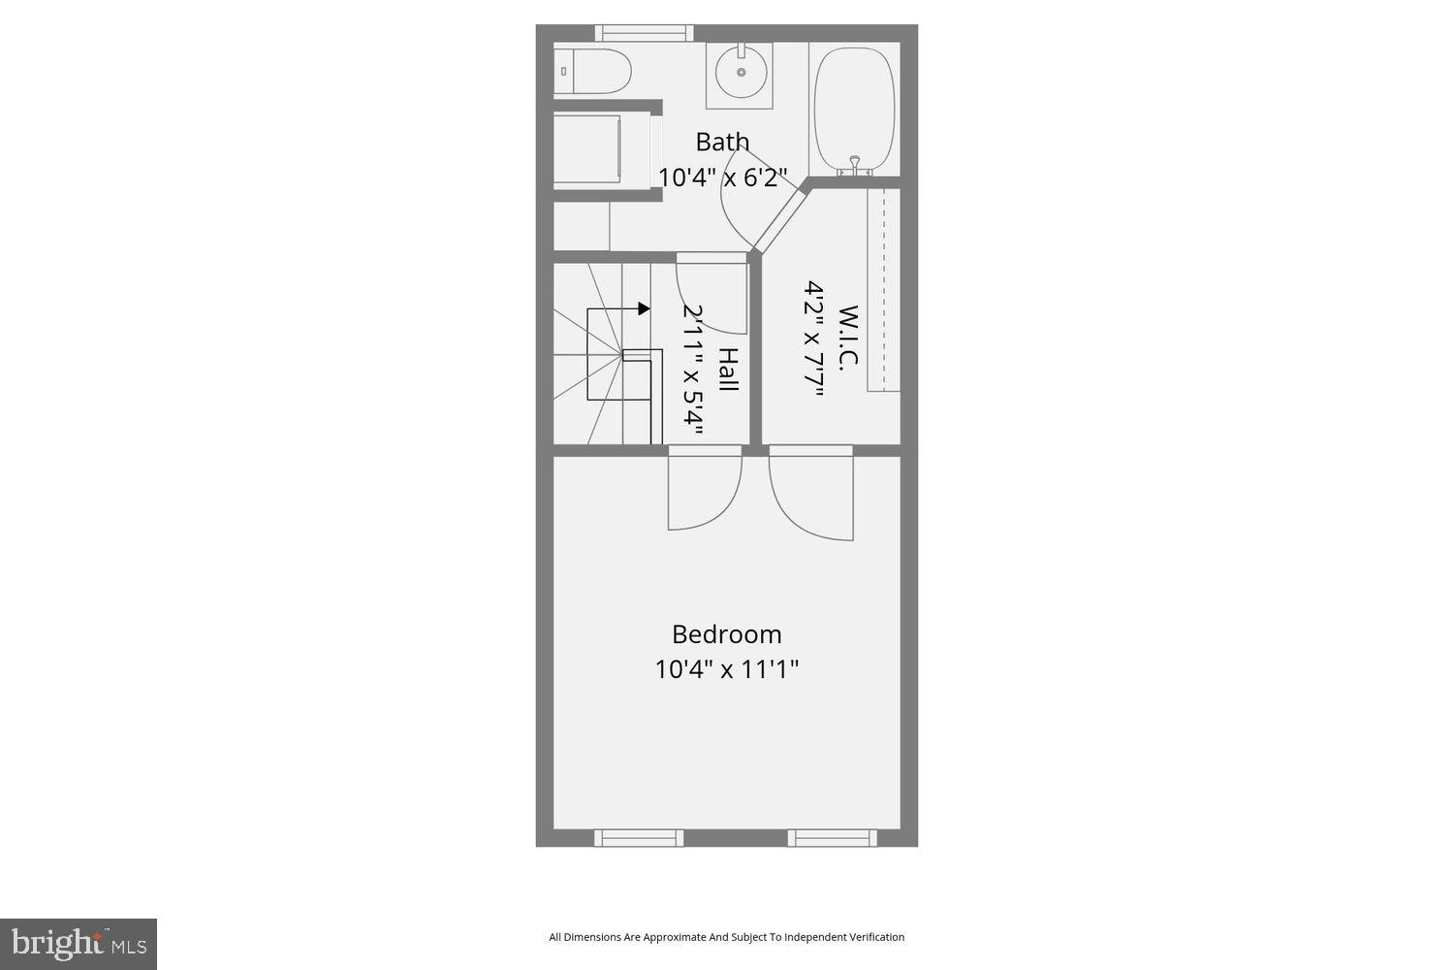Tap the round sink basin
[x=742, y=72]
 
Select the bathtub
[x=854, y=108]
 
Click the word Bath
[x=722, y=142]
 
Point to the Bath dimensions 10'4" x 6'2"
[x=722, y=178]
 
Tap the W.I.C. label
[x=848, y=338]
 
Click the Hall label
[x=728, y=370]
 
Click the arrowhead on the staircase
[x=645, y=308]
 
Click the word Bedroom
[x=726, y=634]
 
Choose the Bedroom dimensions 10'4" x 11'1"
[x=726, y=669]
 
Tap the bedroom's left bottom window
[x=638, y=838]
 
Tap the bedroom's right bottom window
[x=832, y=838]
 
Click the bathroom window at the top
[x=644, y=33]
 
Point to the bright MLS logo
[x=79, y=944]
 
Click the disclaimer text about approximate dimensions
[x=726, y=937]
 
